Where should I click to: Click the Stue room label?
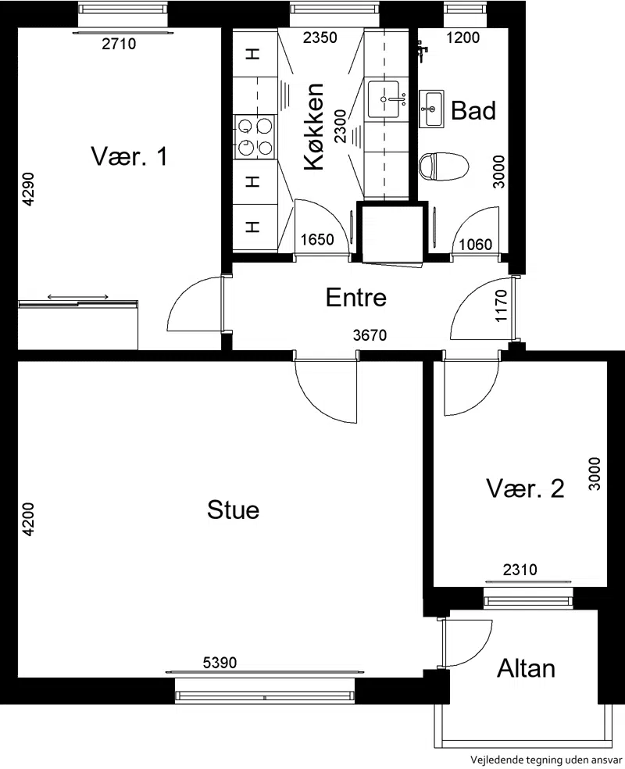coord(233,510)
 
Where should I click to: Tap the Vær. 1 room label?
coord(130,156)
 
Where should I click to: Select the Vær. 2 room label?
coord(525,488)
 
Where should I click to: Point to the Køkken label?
coord(314,127)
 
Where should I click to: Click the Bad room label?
coord(473,110)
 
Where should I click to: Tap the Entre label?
coord(356,297)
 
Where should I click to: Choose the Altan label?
coord(526,668)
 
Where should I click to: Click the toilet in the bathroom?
coord(444,166)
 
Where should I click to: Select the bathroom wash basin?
coord(431,109)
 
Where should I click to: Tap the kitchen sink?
coord(385,99)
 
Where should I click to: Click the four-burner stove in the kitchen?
coord(255,137)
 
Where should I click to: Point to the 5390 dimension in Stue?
coord(220,663)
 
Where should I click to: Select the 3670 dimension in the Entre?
coord(370,335)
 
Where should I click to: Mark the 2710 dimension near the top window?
coord(119,44)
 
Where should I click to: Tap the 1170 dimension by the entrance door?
coord(501,306)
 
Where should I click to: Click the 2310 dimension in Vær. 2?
coord(520,570)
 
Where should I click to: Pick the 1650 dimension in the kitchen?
coord(317,239)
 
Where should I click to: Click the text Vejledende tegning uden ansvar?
coord(546,760)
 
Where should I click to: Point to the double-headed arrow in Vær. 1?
coord(78,297)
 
